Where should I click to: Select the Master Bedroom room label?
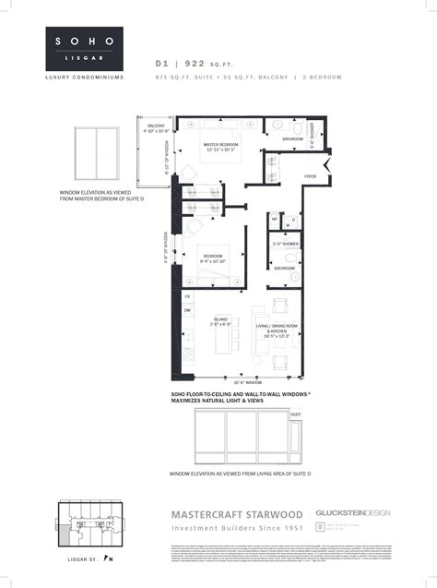coord(221,144)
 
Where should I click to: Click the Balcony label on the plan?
coord(156,126)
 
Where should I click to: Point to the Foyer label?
coord(310,175)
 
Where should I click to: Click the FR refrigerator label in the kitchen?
coord(186,296)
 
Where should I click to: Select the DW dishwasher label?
coord(186,311)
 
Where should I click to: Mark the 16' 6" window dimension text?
coord(242,381)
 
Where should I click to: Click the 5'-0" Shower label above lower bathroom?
coord(284,244)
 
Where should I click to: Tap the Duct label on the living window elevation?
coord(295,415)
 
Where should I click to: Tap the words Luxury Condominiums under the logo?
coord(83,77)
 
